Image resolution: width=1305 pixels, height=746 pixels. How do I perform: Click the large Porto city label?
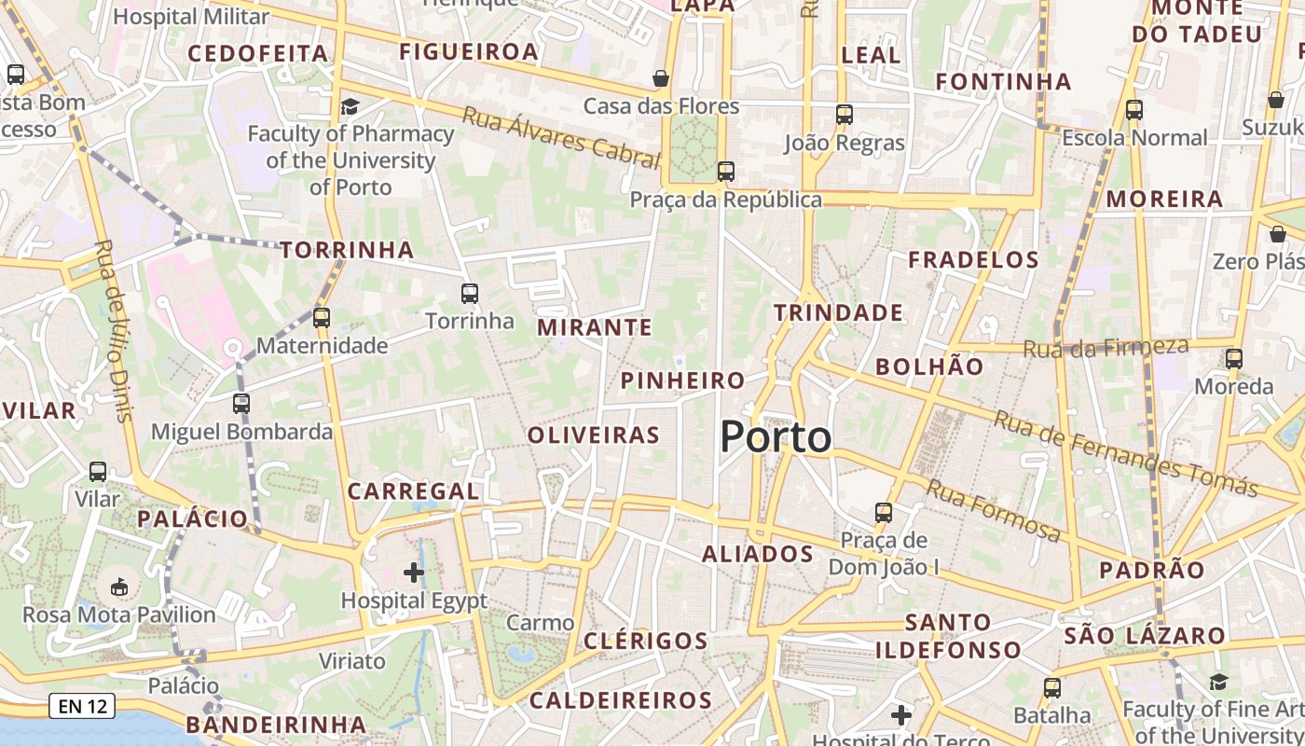point(776,437)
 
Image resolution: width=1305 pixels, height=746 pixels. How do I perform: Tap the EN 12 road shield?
point(83,706)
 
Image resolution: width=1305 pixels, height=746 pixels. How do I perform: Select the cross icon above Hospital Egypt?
point(414,572)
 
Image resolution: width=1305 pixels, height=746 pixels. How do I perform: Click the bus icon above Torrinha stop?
point(470,294)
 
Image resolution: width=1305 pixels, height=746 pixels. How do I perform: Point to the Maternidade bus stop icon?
point(322,318)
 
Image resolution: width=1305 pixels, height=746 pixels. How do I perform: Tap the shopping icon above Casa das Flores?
point(661,78)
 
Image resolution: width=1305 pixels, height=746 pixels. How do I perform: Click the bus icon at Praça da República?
point(725,172)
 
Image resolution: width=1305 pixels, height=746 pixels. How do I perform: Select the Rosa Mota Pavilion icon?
point(119,587)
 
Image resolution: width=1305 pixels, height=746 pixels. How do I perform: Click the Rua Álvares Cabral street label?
point(560,138)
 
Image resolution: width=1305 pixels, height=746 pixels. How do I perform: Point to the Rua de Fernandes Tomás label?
point(1126,454)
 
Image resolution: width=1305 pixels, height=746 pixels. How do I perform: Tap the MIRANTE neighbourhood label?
point(595,327)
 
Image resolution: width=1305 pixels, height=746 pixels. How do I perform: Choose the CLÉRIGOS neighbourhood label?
point(646,641)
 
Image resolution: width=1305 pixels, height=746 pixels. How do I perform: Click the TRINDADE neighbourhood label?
point(839,312)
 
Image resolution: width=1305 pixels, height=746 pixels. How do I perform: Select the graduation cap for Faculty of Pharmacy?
point(350,106)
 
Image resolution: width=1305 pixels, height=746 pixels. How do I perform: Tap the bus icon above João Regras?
point(844,115)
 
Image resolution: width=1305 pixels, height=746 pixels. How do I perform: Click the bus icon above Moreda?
point(1234,358)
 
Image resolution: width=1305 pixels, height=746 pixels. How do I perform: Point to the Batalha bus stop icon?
point(1052,688)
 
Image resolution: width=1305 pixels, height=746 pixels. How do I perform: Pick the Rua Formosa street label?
point(994,510)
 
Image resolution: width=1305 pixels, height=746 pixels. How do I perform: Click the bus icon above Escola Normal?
point(1134,110)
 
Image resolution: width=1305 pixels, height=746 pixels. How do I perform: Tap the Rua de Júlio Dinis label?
point(115,331)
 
